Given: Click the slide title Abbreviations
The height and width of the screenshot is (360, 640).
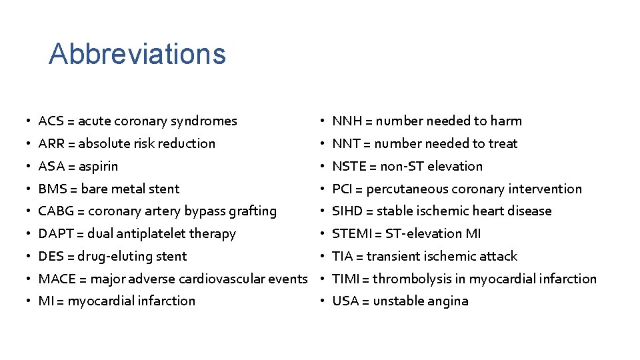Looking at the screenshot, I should click(x=137, y=53).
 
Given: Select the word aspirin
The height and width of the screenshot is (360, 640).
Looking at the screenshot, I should click(x=98, y=166).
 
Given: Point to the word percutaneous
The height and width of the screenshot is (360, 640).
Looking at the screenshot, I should click(x=407, y=189).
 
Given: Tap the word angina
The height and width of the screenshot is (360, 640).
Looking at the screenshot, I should click(x=448, y=301).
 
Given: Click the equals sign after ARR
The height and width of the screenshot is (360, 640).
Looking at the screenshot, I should click(x=71, y=143).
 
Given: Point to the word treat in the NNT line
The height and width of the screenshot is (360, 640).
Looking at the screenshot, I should click(x=504, y=143).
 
